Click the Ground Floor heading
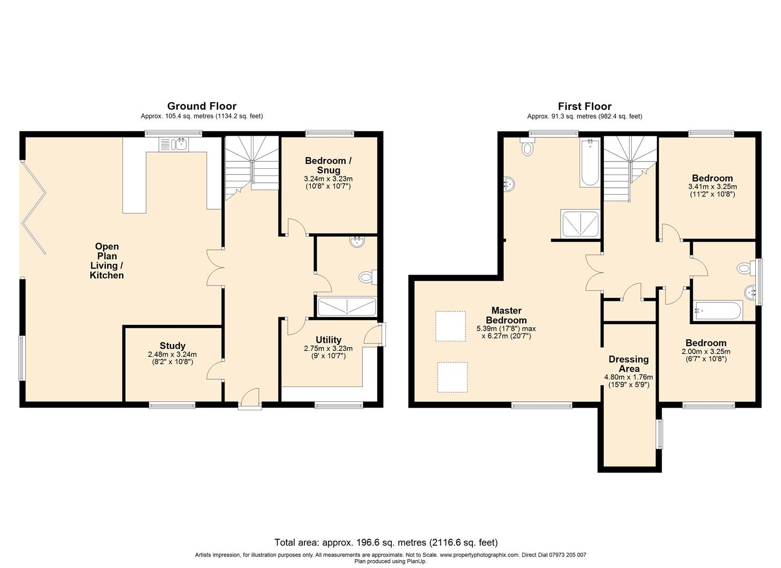click(x=201, y=106)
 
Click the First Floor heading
click(x=585, y=106)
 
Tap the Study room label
click(x=172, y=346)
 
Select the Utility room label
click(x=328, y=340)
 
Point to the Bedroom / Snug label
click(x=328, y=165)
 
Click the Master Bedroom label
click(x=506, y=315)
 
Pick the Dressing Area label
click(x=628, y=363)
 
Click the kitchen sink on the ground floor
click(x=174, y=144)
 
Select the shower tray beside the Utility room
click(x=347, y=307)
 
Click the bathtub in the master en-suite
click(x=590, y=163)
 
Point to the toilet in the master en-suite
click(x=526, y=146)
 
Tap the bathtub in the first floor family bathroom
click(x=718, y=310)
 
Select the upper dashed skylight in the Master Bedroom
click(x=451, y=326)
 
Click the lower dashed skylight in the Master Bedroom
click(x=452, y=377)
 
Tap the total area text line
click(x=386, y=543)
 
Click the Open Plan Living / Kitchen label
click(x=107, y=260)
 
